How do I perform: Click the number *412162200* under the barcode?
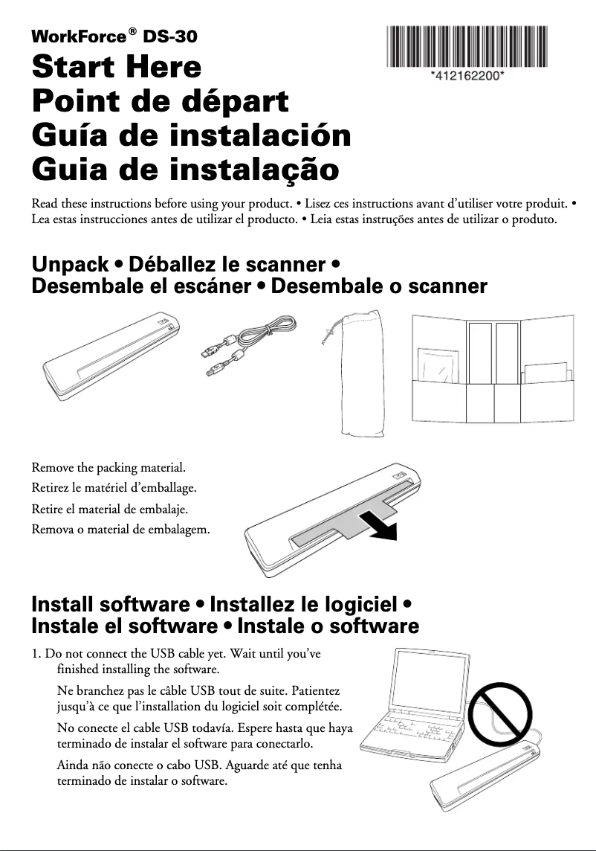467,76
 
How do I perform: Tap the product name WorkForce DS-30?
114,36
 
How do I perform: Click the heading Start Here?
117,68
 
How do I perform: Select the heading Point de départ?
160,101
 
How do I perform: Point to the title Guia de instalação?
186,170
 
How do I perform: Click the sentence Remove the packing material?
108,469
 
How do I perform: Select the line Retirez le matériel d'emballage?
114,489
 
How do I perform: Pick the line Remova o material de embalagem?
120,530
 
